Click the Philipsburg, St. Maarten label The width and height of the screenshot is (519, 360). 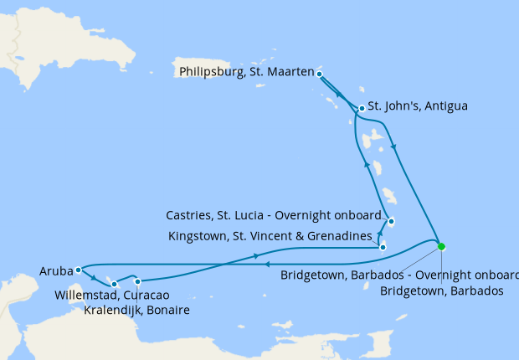[246, 72]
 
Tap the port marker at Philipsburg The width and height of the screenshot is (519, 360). [320, 74]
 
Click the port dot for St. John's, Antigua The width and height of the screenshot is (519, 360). [361, 108]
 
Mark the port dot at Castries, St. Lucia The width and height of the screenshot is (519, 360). [391, 222]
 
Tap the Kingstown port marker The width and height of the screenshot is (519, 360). [383, 247]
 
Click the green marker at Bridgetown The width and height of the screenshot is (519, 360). [441, 246]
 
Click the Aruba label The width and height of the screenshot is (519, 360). [55, 270]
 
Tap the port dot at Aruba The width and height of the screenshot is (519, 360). [78, 270]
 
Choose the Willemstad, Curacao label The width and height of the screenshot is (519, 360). [112, 295]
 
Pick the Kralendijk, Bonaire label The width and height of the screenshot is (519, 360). [136, 310]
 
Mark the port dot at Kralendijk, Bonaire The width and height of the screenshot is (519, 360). [137, 281]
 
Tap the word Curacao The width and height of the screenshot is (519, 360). [147, 295]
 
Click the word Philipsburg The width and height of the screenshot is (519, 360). [210, 72]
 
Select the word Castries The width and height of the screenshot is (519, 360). [190, 215]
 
